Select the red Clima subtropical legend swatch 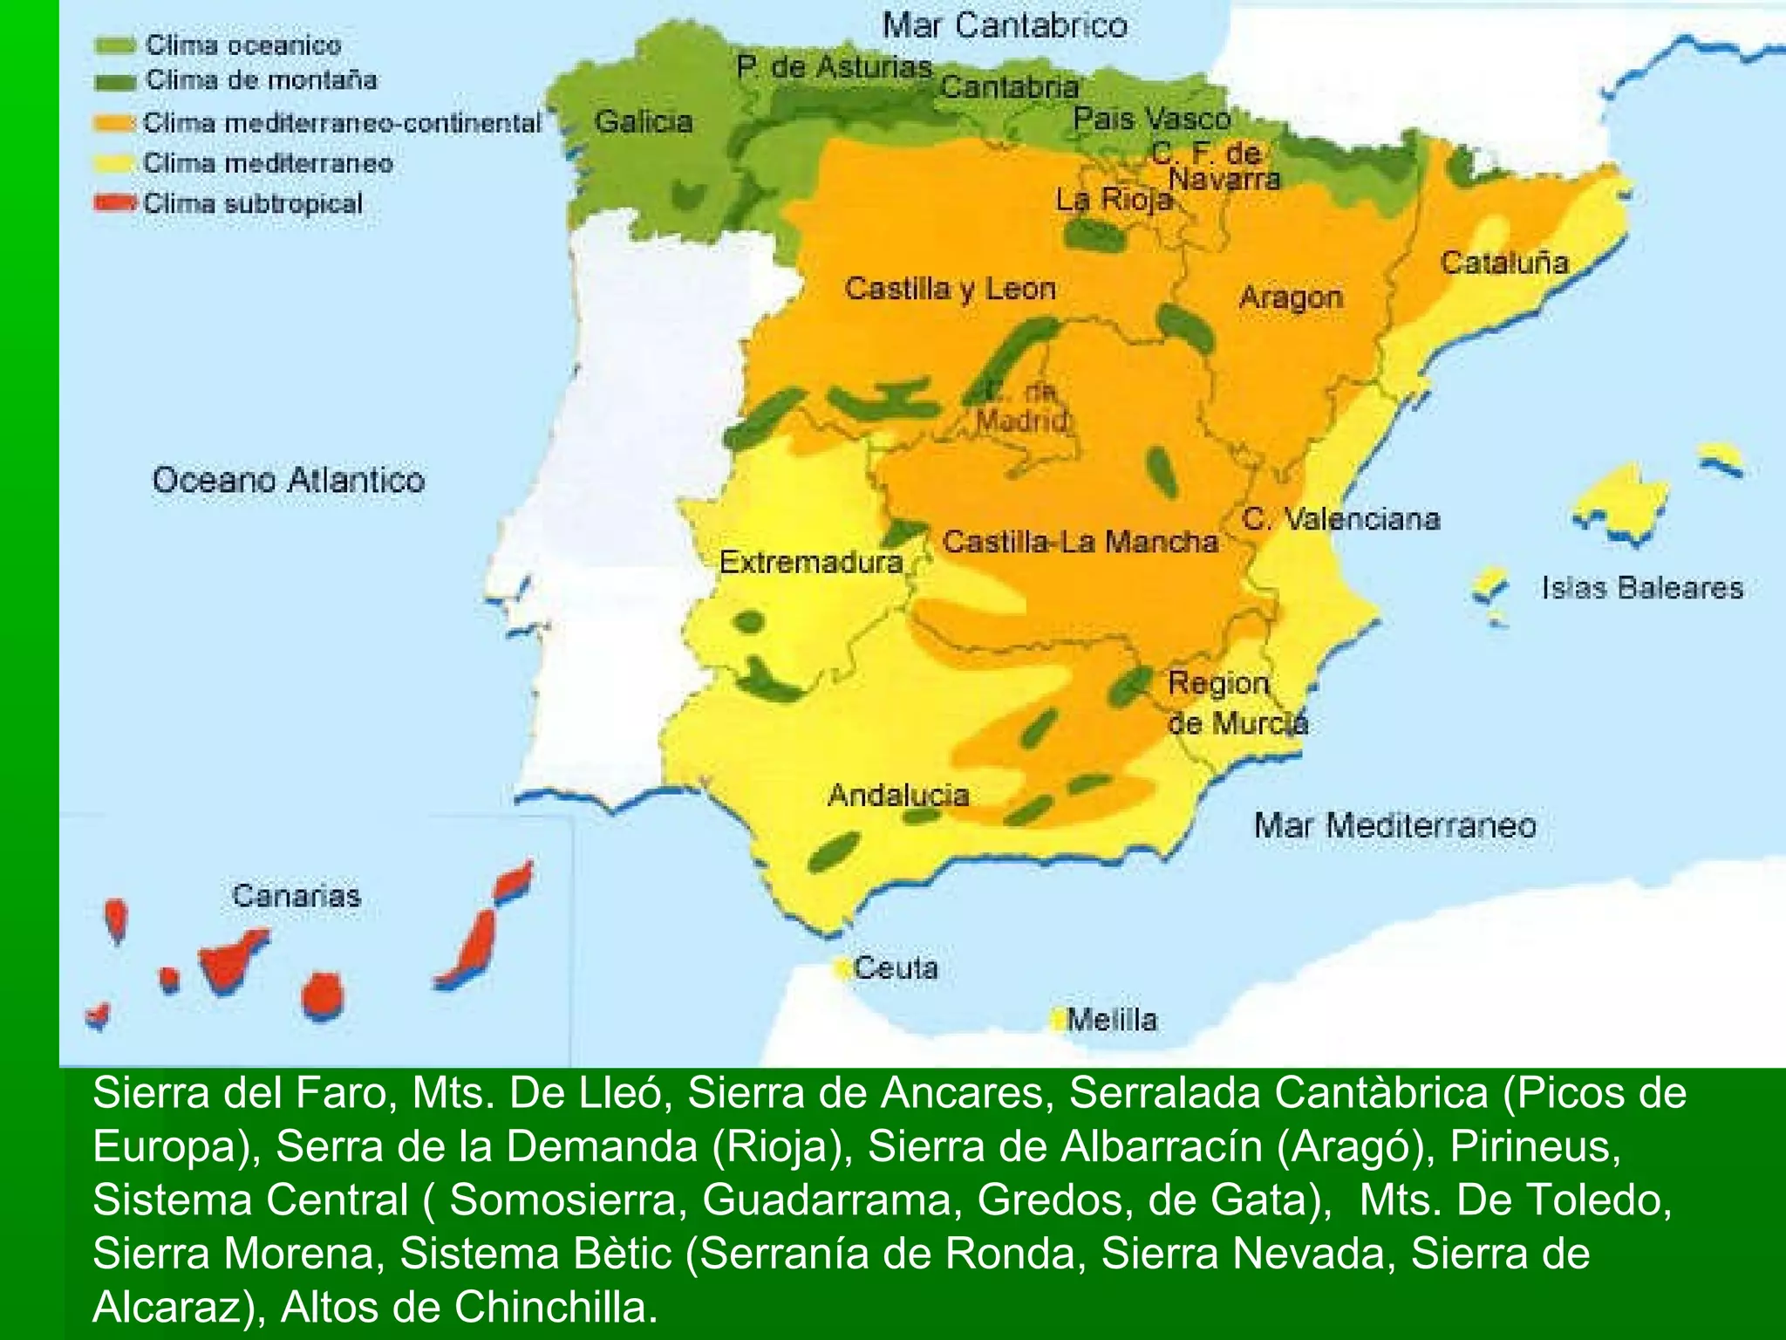pyautogui.click(x=115, y=203)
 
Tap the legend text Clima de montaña pyautogui.click(x=261, y=80)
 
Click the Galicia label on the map pyautogui.click(x=644, y=121)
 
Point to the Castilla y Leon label pyautogui.click(x=950, y=289)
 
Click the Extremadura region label pyautogui.click(x=810, y=562)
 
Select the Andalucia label pyautogui.click(x=898, y=795)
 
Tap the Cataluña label pyautogui.click(x=1504, y=263)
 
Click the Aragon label pyautogui.click(x=1291, y=297)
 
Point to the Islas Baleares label pyautogui.click(x=1642, y=587)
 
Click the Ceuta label pyautogui.click(x=896, y=967)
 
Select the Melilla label pyautogui.click(x=1112, y=1019)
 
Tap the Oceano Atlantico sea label pyautogui.click(x=288, y=480)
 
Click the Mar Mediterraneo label pyautogui.click(x=1394, y=825)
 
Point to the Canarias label pyautogui.click(x=297, y=895)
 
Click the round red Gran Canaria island pyautogui.click(x=322, y=995)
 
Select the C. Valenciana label pyautogui.click(x=1341, y=519)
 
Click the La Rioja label pyautogui.click(x=1114, y=200)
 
